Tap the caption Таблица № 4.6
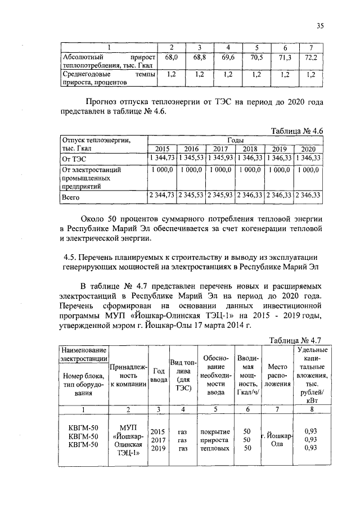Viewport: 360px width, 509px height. (295, 130)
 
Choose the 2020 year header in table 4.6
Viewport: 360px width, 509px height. (308, 149)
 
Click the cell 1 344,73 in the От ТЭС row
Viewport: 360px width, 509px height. (162, 159)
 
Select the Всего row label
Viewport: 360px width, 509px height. (71, 197)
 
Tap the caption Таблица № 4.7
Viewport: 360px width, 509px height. (295, 340)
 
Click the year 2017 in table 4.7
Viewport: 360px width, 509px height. (157, 440)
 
